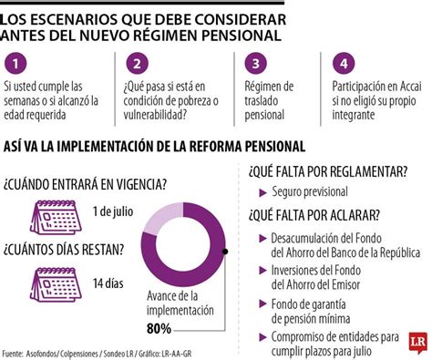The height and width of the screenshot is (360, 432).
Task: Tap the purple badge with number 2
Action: (136, 64)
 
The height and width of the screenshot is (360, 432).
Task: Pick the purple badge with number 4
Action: (342, 64)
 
